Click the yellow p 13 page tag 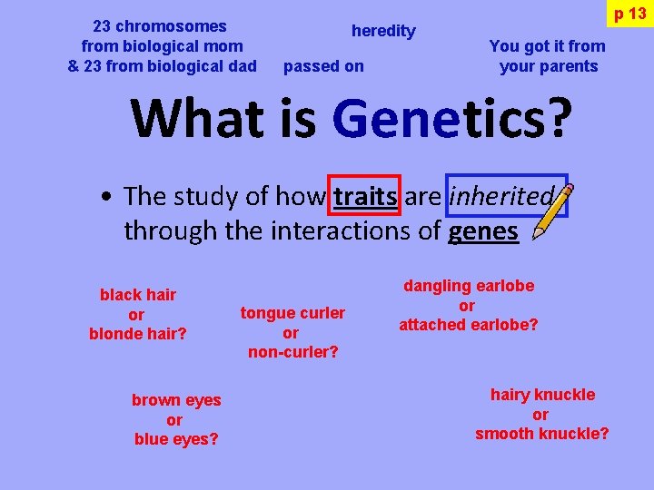click(629, 14)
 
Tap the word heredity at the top click(383, 31)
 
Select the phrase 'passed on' click(323, 66)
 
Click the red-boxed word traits click(365, 196)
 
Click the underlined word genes click(483, 231)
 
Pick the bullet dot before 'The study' click(107, 197)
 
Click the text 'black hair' click(138, 295)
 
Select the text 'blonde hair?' click(138, 334)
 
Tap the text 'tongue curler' click(292, 313)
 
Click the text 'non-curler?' click(292, 352)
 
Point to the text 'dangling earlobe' click(469, 286)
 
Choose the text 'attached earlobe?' click(469, 325)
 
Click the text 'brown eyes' click(176, 400)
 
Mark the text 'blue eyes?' click(176, 439)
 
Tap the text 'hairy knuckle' click(542, 395)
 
